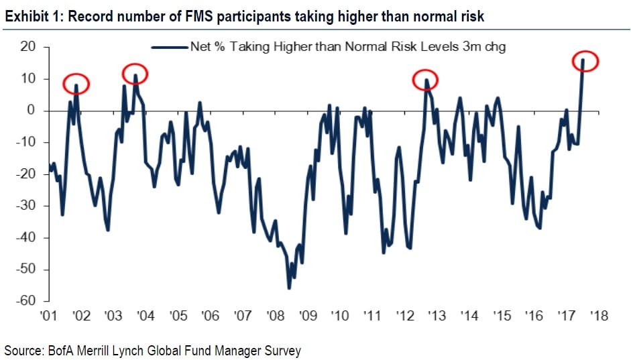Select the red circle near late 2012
coord(424,80)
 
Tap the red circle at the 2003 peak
coord(135,74)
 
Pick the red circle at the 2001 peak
coord(76,84)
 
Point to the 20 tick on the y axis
coord(28,48)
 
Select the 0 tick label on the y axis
coord(31,111)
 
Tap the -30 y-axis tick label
coord(25,206)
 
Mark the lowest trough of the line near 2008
coord(289,288)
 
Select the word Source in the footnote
coord(21,350)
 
